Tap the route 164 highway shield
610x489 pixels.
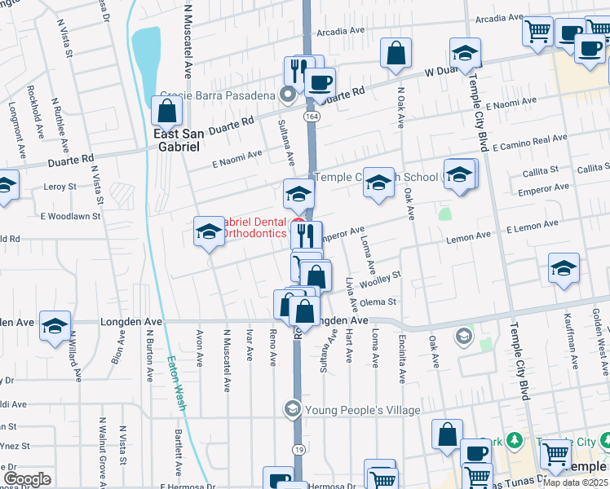click(x=312, y=117)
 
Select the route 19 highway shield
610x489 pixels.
click(x=298, y=449)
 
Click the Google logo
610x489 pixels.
click(x=27, y=479)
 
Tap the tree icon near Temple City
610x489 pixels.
click(x=514, y=441)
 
